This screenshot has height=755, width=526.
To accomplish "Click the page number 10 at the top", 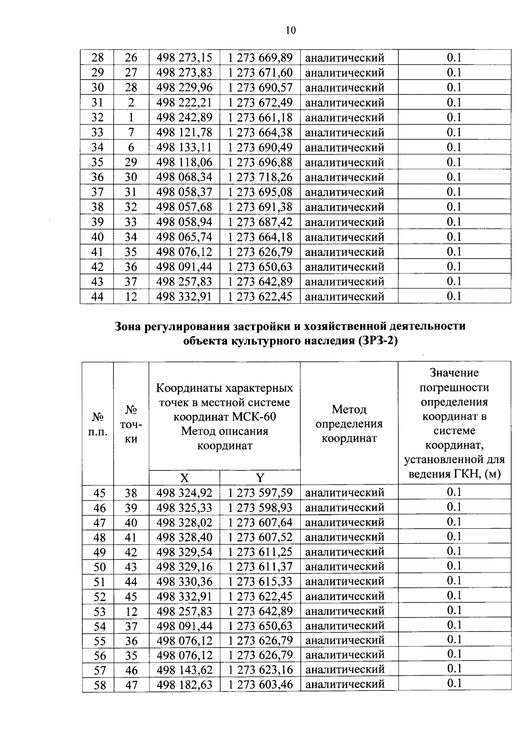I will coord(291,30).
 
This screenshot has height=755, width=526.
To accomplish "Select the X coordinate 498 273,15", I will coord(184,57).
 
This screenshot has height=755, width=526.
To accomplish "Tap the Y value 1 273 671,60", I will coord(260,72).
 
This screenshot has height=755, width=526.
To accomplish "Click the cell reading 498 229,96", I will coord(184,87).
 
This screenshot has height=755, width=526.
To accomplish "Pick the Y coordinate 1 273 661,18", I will coord(260,117).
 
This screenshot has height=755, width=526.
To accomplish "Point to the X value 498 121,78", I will coord(184,132).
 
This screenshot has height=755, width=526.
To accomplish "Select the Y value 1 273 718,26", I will coord(260,177).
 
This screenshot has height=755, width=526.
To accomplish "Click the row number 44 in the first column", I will coord(97,296).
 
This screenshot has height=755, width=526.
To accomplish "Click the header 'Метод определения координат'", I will coord(349,424).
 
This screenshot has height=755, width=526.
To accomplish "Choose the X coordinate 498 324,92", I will coord(184,493).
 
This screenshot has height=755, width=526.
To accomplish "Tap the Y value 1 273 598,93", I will coord(260,508).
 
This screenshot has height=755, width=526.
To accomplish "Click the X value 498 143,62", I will coord(184,670).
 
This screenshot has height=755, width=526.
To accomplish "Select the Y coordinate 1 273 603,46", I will coord(260,685).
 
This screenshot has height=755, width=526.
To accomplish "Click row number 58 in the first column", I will coord(100,685).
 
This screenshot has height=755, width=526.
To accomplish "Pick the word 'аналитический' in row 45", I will coord(345,493).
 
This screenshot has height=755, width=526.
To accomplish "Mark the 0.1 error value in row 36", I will coord(454,177).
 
